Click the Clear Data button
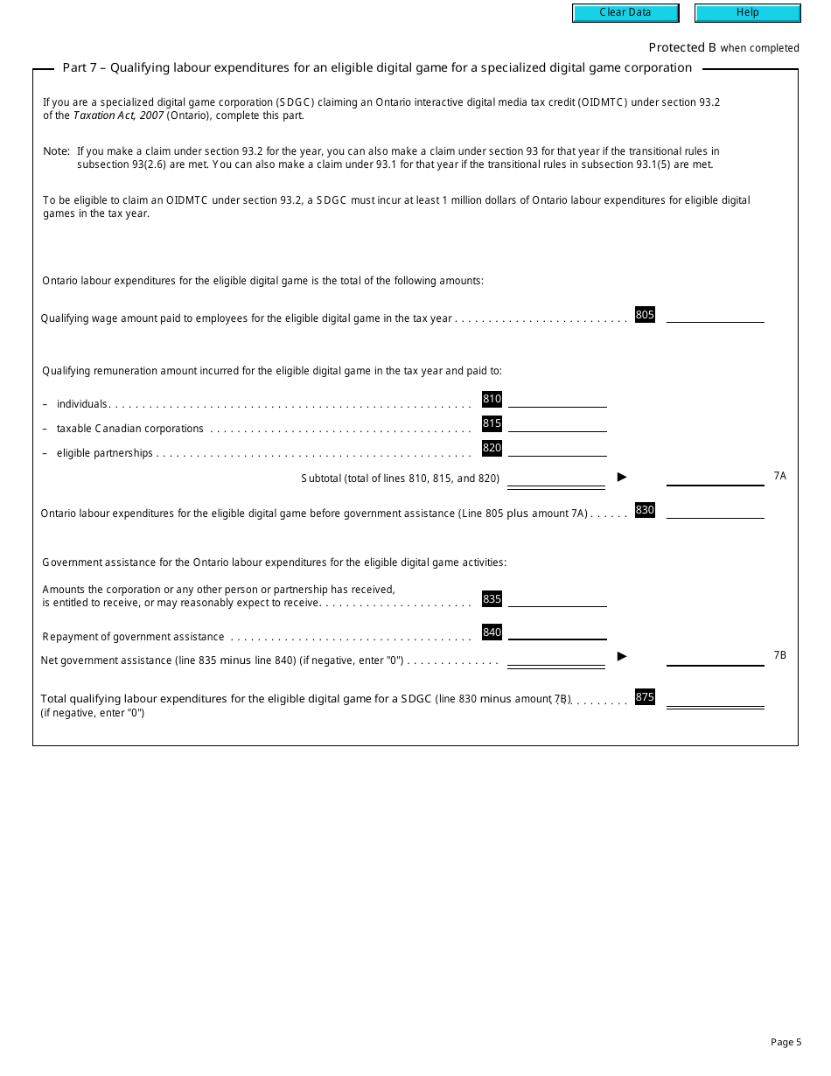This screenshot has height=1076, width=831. coord(625,13)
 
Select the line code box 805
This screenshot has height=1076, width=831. coord(645,315)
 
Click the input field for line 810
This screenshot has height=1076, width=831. coord(557,400)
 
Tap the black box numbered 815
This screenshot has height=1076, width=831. coord(492,423)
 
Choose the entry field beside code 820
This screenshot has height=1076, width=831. coord(557,449)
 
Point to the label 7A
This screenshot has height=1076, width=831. coord(780,476)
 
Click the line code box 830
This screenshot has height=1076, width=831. coord(645,510)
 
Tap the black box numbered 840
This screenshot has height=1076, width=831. coord(492,632)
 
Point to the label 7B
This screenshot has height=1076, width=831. coord(780,655)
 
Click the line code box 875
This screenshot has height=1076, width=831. coord(645,697)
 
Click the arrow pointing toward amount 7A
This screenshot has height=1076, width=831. coord(623,477)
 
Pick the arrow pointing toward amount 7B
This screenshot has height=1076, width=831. coord(623,656)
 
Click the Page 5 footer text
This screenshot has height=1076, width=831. coord(786,1042)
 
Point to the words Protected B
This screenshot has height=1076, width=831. coord(682,48)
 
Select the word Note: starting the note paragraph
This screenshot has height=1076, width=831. coord(56,151)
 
